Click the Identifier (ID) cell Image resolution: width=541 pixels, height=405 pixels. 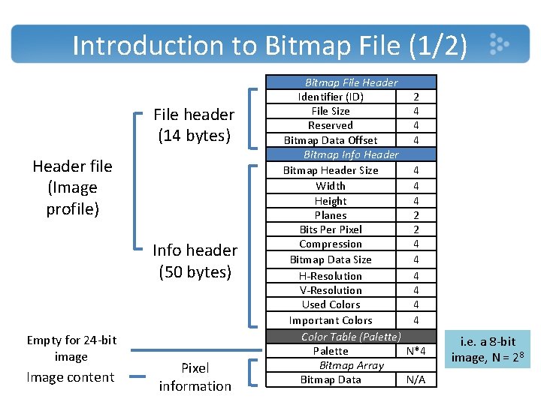[331, 97]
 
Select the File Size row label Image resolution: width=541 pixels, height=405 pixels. [331, 111]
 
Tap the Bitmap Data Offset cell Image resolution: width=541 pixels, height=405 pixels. [331, 140]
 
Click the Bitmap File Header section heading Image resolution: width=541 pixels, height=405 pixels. [351, 82]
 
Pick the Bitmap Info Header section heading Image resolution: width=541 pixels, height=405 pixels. [351, 154]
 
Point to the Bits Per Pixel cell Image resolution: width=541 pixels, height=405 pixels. [331, 229]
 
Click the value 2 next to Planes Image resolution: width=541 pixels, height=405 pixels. [416, 215]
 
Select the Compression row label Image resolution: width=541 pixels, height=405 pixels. [331, 244]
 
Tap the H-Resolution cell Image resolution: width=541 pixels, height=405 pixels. [331, 276]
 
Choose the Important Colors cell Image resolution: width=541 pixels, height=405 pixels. [331, 320]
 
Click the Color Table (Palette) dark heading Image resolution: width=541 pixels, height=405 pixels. [351, 337]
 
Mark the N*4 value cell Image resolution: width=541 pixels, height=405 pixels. [416, 351]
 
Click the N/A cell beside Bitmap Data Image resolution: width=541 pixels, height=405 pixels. [416, 379]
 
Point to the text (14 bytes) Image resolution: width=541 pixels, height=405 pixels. [195, 135]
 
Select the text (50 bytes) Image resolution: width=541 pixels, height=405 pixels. [195, 271]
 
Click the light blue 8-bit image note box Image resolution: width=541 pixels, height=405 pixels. [487, 349]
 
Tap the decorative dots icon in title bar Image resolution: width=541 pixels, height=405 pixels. [499, 43]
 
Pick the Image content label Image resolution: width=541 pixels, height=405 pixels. [71, 377]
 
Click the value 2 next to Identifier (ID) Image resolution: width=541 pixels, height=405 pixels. [416, 97]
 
